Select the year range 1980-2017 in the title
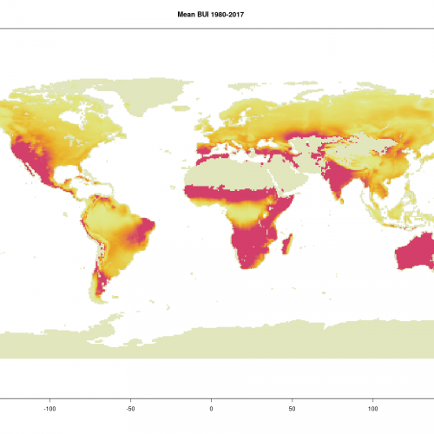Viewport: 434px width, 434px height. point(235,14)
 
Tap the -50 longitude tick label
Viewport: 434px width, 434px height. point(130,406)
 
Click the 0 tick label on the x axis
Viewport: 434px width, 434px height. point(211,406)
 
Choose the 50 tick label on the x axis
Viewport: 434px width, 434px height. point(292,406)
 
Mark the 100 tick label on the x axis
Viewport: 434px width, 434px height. point(372,406)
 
